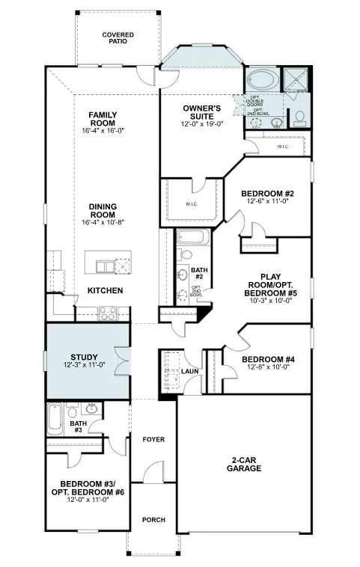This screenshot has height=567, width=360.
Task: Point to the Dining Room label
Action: (x=103, y=210)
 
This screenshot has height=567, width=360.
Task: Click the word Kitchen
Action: (x=105, y=290)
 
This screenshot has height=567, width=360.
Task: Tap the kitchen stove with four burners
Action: (x=106, y=313)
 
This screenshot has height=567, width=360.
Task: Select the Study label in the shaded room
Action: (x=85, y=357)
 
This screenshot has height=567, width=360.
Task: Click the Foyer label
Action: (x=153, y=439)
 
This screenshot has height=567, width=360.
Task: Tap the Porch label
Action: (x=153, y=520)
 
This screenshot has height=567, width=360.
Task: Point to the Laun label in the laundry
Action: (x=190, y=371)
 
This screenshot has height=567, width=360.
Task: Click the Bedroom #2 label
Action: (x=267, y=194)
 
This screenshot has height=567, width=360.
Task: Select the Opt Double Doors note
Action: (x=257, y=101)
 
